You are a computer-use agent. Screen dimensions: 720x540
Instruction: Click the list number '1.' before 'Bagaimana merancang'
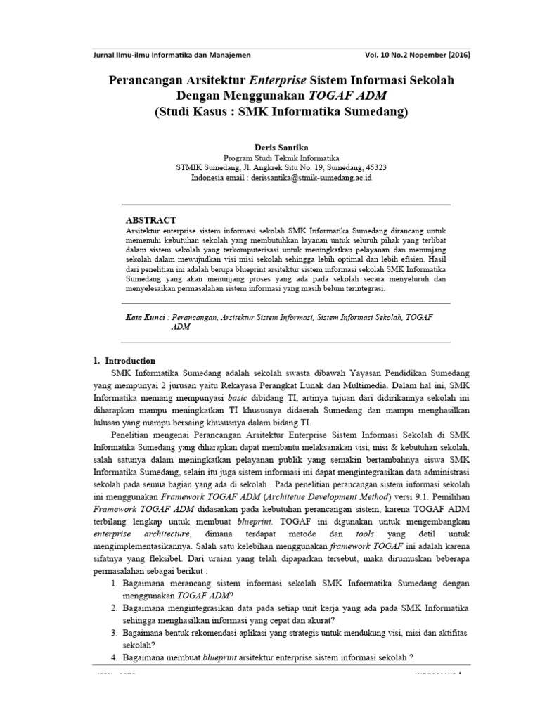click(x=115, y=584)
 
